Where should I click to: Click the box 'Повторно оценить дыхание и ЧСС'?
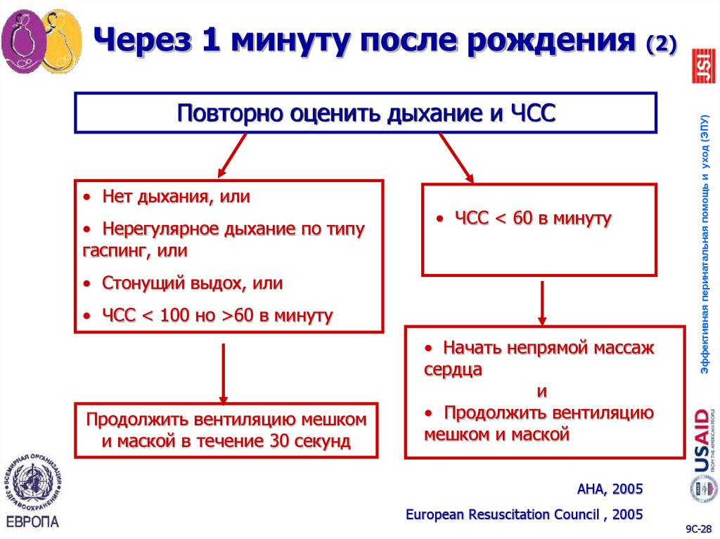(366, 112)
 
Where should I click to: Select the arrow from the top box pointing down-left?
(231, 155)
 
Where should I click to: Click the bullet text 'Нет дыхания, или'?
(176, 197)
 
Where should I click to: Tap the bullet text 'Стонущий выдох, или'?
(192, 283)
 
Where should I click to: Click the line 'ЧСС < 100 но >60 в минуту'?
(217, 316)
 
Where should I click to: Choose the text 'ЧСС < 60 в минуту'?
(532, 219)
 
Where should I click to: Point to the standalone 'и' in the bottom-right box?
(541, 391)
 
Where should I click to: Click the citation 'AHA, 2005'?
(609, 488)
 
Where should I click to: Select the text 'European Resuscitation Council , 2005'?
(524, 514)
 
